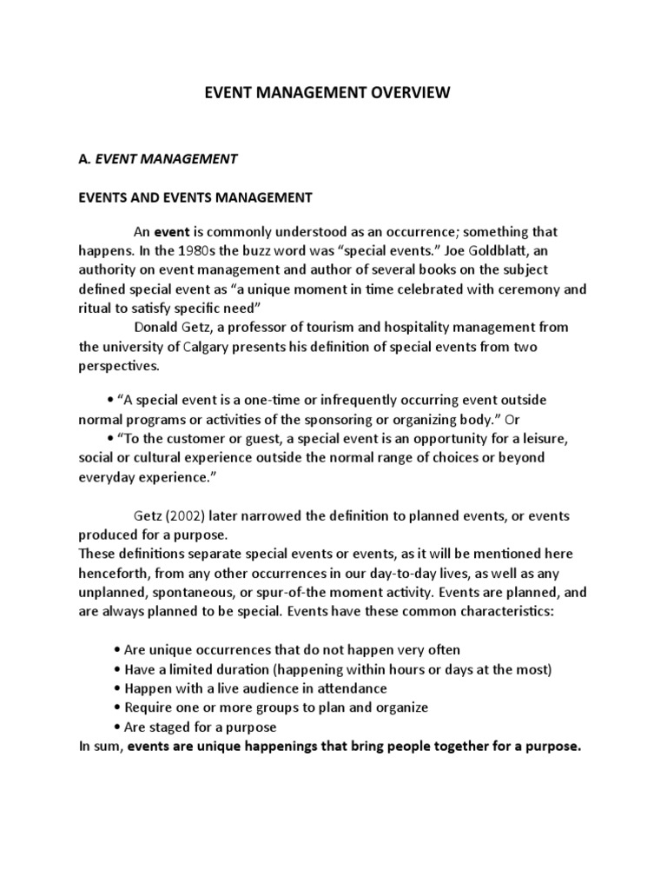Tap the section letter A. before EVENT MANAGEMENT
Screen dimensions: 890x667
(84, 159)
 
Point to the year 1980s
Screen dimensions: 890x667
(216, 251)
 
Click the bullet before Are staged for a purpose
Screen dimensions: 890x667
(116, 727)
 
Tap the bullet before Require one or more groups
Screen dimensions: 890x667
(116, 707)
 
